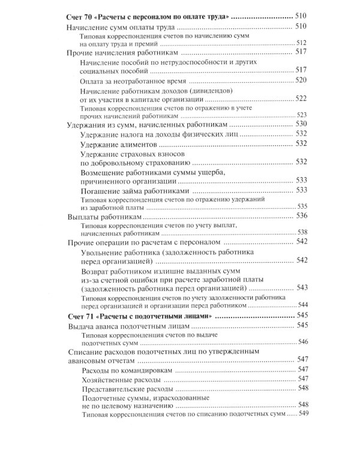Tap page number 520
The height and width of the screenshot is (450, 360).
pos(301,80)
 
